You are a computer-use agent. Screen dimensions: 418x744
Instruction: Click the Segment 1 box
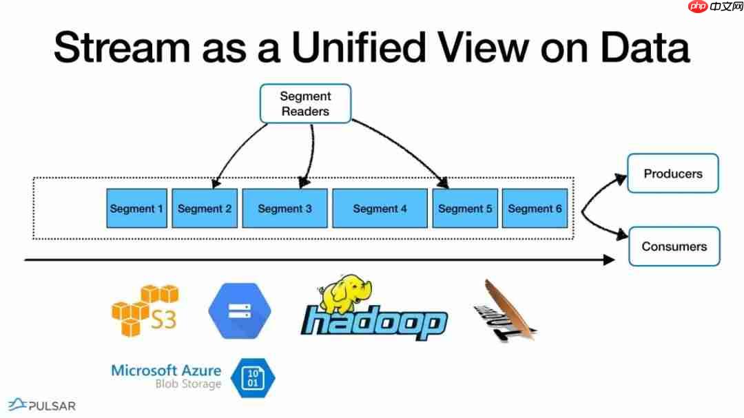point(137,208)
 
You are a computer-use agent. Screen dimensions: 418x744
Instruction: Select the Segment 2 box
point(205,208)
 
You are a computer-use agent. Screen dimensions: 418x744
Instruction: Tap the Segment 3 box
point(285,208)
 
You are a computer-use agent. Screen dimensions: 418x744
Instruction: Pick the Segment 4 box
point(380,208)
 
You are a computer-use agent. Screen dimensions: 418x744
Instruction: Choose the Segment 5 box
point(465,208)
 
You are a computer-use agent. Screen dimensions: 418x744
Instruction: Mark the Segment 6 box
point(535,208)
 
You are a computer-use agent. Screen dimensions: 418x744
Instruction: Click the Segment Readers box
point(305,104)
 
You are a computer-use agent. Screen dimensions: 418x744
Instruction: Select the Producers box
point(672,174)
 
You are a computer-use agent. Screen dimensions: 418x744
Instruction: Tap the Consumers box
point(674,247)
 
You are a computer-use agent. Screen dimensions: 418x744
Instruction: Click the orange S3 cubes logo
point(144,311)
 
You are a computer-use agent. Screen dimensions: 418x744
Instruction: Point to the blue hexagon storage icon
point(239,311)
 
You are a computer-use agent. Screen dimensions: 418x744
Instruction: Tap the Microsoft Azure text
point(166,370)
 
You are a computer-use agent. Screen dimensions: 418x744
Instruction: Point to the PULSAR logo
point(42,405)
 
